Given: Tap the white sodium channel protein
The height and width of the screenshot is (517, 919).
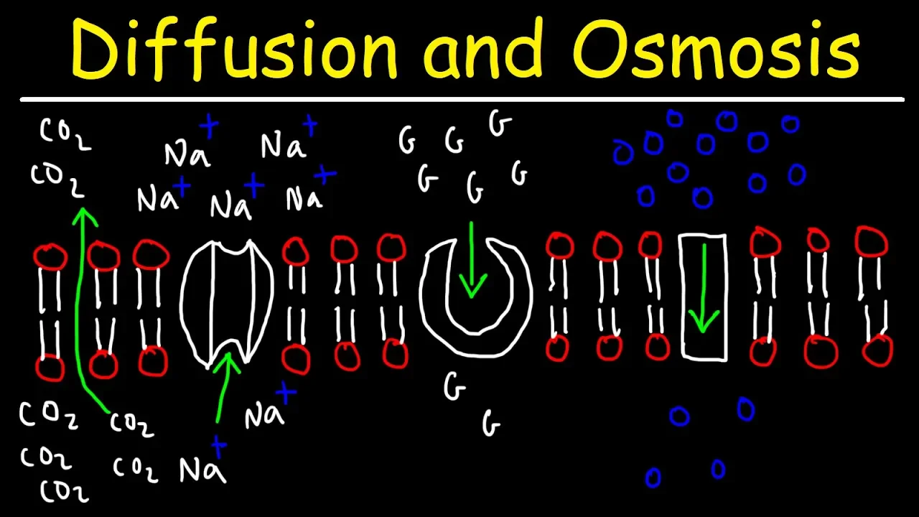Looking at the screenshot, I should [226, 302].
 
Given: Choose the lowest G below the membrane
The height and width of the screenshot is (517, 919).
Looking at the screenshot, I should [491, 424].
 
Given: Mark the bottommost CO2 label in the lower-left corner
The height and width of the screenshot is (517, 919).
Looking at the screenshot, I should [65, 492].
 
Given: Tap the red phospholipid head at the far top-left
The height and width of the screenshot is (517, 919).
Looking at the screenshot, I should [50, 256].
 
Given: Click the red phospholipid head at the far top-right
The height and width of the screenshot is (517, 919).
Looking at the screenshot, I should [872, 242].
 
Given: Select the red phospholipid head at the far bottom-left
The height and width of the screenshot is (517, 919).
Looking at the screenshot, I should [50, 368].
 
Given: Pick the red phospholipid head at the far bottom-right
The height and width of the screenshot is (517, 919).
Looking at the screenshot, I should [877, 353].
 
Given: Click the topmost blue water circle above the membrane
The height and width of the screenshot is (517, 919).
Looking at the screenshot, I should [674, 118].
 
